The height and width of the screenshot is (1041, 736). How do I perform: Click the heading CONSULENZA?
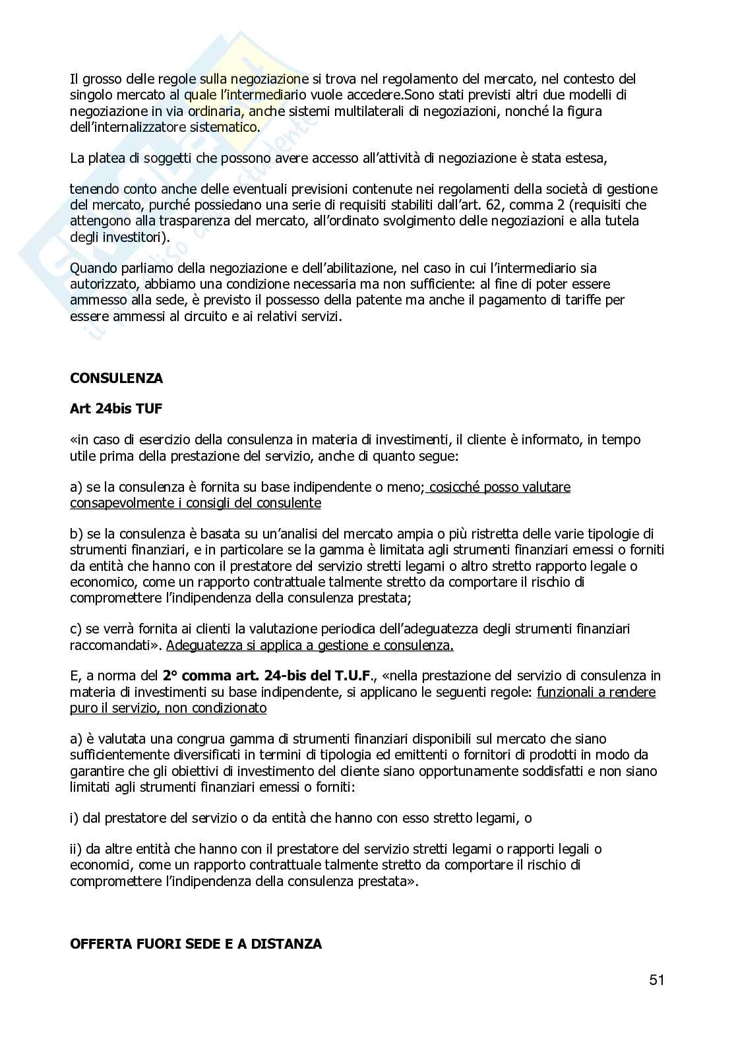click(116, 378)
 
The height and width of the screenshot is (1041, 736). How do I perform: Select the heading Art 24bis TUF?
click(115, 409)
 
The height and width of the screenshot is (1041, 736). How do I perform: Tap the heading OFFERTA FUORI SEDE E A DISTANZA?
click(195, 944)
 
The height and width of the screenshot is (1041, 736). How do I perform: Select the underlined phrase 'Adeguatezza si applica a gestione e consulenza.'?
click(310, 645)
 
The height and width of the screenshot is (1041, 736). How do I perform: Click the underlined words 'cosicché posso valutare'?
click(499, 487)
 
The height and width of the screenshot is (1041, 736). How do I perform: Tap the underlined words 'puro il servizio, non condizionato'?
click(168, 708)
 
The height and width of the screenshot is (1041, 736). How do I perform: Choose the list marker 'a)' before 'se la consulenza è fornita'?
click(77, 487)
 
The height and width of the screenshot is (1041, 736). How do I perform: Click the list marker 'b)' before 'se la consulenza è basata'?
click(77, 534)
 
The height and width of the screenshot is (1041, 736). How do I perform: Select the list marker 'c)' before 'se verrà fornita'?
click(76, 630)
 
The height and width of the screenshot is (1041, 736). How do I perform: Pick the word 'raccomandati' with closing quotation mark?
click(115, 645)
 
